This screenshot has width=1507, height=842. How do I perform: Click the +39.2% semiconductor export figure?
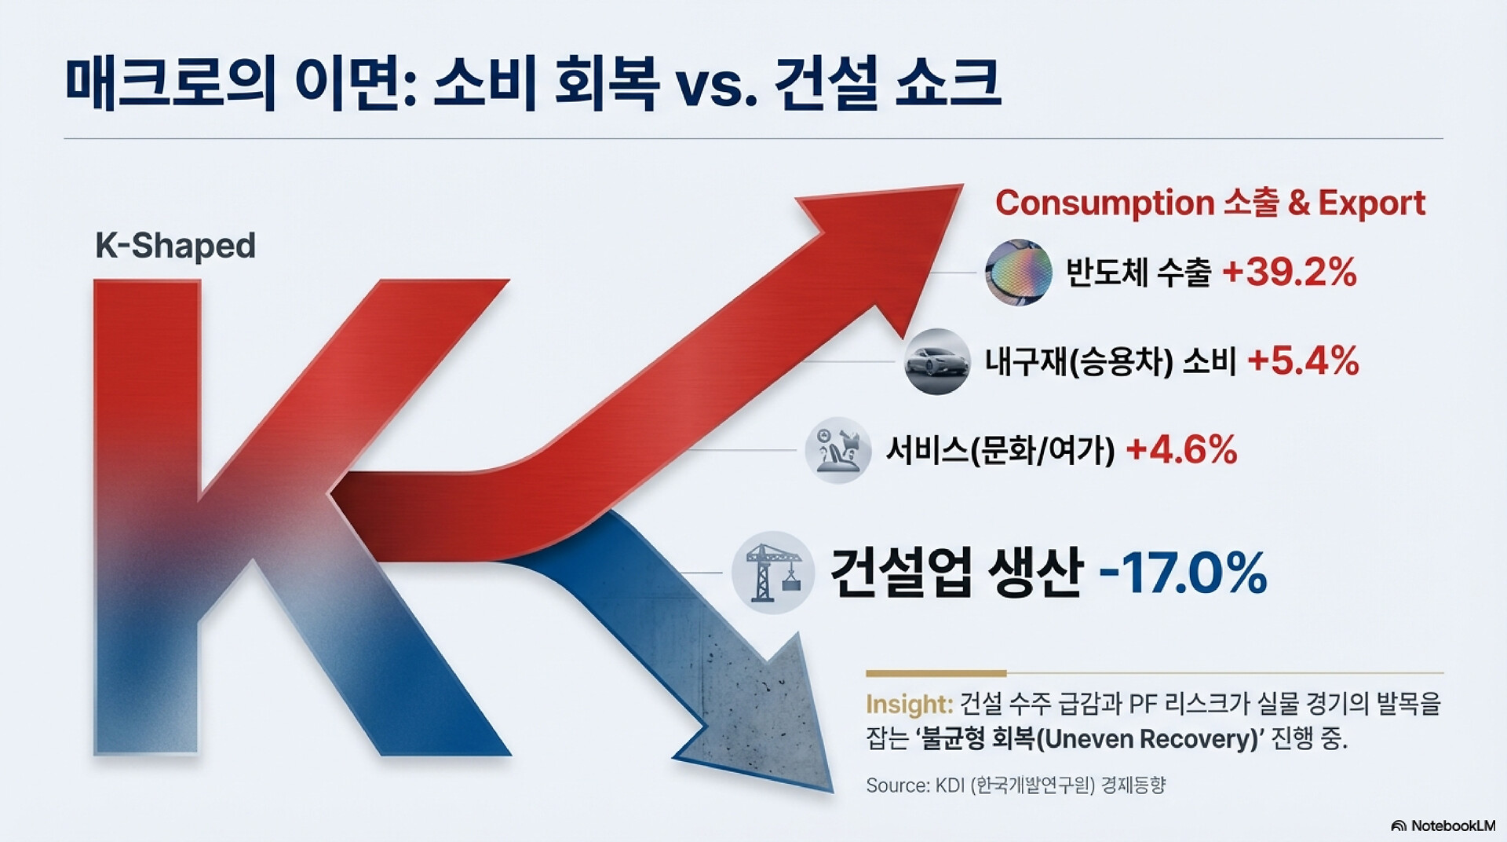click(x=1290, y=273)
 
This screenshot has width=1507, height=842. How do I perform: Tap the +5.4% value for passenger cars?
click(x=1303, y=361)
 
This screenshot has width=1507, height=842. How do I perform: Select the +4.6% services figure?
click(x=1181, y=450)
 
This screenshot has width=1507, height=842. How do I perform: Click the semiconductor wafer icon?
click(x=1019, y=272)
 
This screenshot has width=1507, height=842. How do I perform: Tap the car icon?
click(x=936, y=361)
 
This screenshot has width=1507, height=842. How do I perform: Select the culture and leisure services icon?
click(x=838, y=450)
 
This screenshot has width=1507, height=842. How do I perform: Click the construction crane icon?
click(x=773, y=573)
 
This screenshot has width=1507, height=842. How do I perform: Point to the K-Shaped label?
click(x=175, y=247)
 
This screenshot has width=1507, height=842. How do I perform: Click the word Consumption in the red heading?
click(x=1104, y=203)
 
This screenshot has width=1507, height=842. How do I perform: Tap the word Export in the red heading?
click(x=1371, y=203)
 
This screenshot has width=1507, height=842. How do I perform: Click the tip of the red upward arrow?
click(x=962, y=186)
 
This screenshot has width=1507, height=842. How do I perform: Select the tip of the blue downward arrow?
click(x=831, y=791)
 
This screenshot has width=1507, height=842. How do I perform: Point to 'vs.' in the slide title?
click(x=717, y=85)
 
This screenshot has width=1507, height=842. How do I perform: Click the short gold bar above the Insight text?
click(x=936, y=673)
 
